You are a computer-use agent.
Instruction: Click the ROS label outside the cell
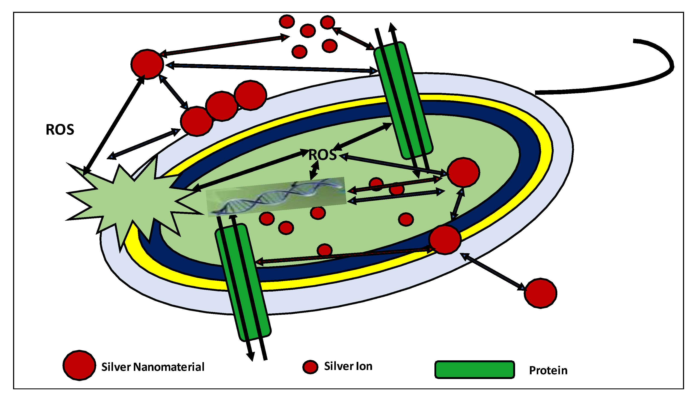60,130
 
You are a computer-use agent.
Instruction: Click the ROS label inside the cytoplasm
322,155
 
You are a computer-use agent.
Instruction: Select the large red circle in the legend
79,365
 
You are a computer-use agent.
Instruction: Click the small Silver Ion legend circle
310,367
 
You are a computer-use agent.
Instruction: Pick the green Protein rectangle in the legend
474,370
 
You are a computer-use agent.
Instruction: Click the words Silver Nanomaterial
153,367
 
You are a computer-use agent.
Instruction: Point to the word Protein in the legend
548,371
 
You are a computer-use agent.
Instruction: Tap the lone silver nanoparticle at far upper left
147,64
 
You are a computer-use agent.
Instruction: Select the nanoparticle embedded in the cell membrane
445,240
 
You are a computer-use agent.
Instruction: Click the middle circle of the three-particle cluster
222,106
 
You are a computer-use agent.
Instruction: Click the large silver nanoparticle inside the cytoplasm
463,173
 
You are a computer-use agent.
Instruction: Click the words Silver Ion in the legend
348,366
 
